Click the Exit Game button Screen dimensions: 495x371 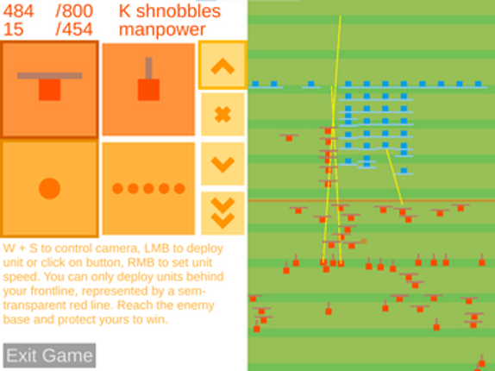(49, 355)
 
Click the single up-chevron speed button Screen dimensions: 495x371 (222, 66)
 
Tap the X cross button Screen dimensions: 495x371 (222, 114)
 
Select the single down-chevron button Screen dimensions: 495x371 (222, 164)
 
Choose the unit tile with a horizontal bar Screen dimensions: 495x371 (49, 90)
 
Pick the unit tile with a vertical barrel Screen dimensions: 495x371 (148, 90)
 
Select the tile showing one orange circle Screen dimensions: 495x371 (49, 188)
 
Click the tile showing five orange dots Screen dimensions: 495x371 (148, 188)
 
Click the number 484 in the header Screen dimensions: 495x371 (18, 11)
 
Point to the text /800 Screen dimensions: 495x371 (74, 11)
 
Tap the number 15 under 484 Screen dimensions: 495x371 (13, 29)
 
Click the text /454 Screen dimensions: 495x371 (74, 29)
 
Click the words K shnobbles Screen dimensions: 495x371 (170, 11)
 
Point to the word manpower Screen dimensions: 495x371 (162, 30)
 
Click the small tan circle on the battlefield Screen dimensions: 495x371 (363, 242)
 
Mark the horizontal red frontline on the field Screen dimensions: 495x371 (371, 200)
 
